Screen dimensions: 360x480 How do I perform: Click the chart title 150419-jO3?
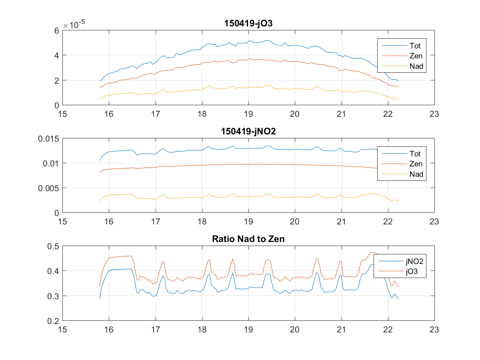pos(248,24)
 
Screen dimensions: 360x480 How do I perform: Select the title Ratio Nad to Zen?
pos(248,239)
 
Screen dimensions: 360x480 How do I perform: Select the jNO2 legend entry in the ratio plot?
pos(414,262)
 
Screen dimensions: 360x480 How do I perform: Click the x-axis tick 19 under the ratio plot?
pos(248,330)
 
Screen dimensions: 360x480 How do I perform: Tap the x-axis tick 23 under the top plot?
pos(434,114)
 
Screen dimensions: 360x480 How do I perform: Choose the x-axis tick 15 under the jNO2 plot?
pos(63,222)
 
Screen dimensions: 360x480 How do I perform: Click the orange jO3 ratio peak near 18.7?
pos(232,259)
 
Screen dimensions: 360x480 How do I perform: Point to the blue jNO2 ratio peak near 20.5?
pos(316,273)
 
